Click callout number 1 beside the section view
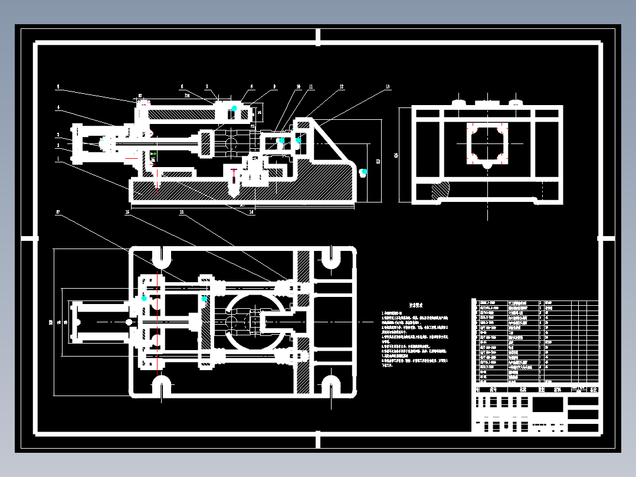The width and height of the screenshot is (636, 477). tap(58, 158)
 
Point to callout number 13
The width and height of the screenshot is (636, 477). tap(387, 87)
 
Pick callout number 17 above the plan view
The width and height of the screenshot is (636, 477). tap(58, 212)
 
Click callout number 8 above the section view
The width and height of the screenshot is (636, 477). tap(252, 87)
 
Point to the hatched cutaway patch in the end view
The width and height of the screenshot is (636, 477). tap(439, 192)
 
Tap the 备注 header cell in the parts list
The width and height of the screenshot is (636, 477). tap(594, 390)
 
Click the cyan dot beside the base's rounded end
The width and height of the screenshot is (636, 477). tap(363, 172)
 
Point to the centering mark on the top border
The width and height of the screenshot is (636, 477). tap(318, 37)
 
